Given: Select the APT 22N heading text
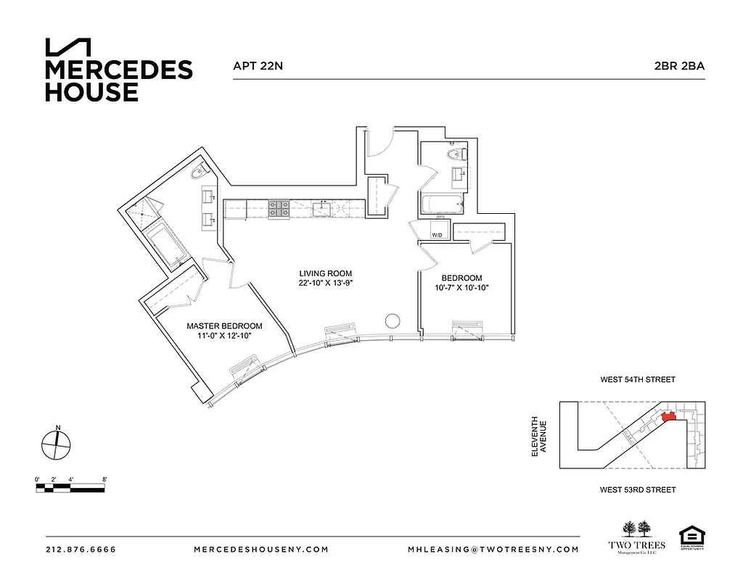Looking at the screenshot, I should click(258, 66).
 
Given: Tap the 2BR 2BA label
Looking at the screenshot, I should click(679, 66).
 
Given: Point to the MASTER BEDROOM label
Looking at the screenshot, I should click(224, 326).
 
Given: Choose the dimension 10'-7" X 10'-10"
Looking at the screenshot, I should click(461, 288).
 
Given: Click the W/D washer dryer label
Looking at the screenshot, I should click(437, 236).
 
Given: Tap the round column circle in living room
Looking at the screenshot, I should click(393, 321).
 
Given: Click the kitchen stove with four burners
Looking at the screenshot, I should click(279, 209).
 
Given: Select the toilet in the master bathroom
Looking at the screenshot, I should click(199, 173).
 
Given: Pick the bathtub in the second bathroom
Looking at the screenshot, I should click(440, 206).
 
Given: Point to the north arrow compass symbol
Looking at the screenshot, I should click(57, 444).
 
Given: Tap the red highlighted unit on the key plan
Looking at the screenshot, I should click(668, 416).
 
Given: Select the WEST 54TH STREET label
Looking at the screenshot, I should click(637, 380).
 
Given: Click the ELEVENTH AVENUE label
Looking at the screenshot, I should click(538, 436).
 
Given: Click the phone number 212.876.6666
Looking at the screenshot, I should click(81, 550).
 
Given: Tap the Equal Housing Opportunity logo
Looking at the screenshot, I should click(690, 537).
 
